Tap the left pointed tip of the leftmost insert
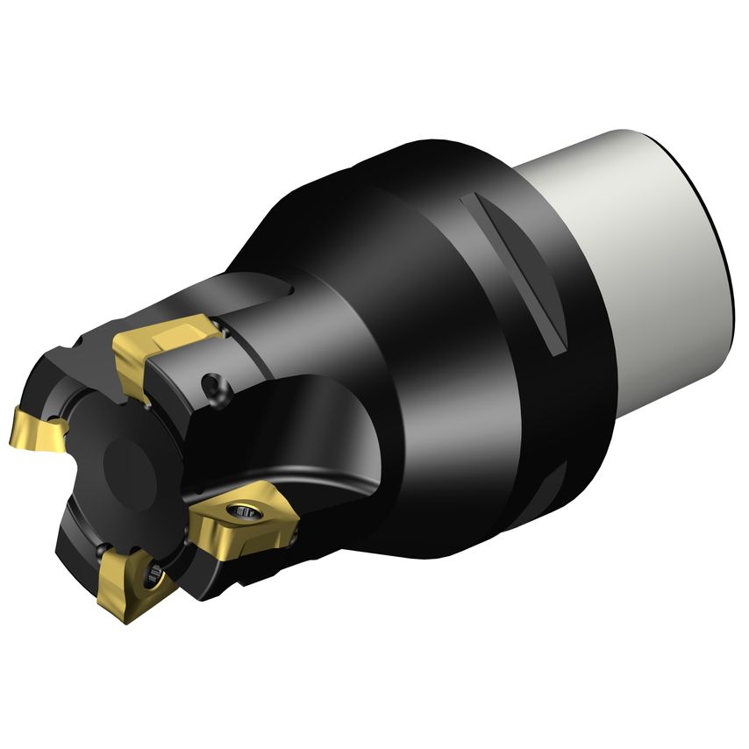coord(12,439)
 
